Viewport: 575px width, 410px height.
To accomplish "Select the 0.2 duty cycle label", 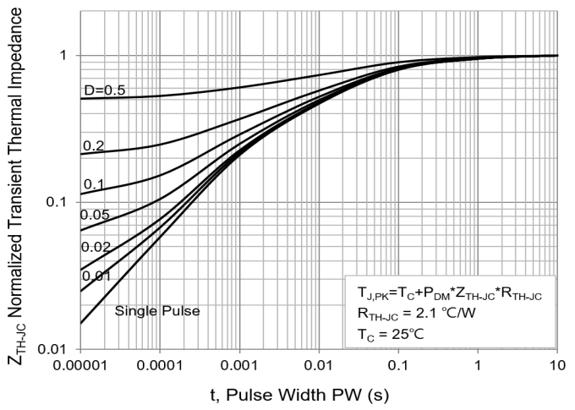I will (x=94, y=146).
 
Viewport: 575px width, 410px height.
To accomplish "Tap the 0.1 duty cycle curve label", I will (x=94, y=184).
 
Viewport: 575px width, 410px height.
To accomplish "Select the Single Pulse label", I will (x=156, y=311).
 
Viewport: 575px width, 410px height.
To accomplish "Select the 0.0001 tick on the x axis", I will (x=161, y=364).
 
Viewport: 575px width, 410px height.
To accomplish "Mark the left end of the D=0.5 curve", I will (x=81, y=99).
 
